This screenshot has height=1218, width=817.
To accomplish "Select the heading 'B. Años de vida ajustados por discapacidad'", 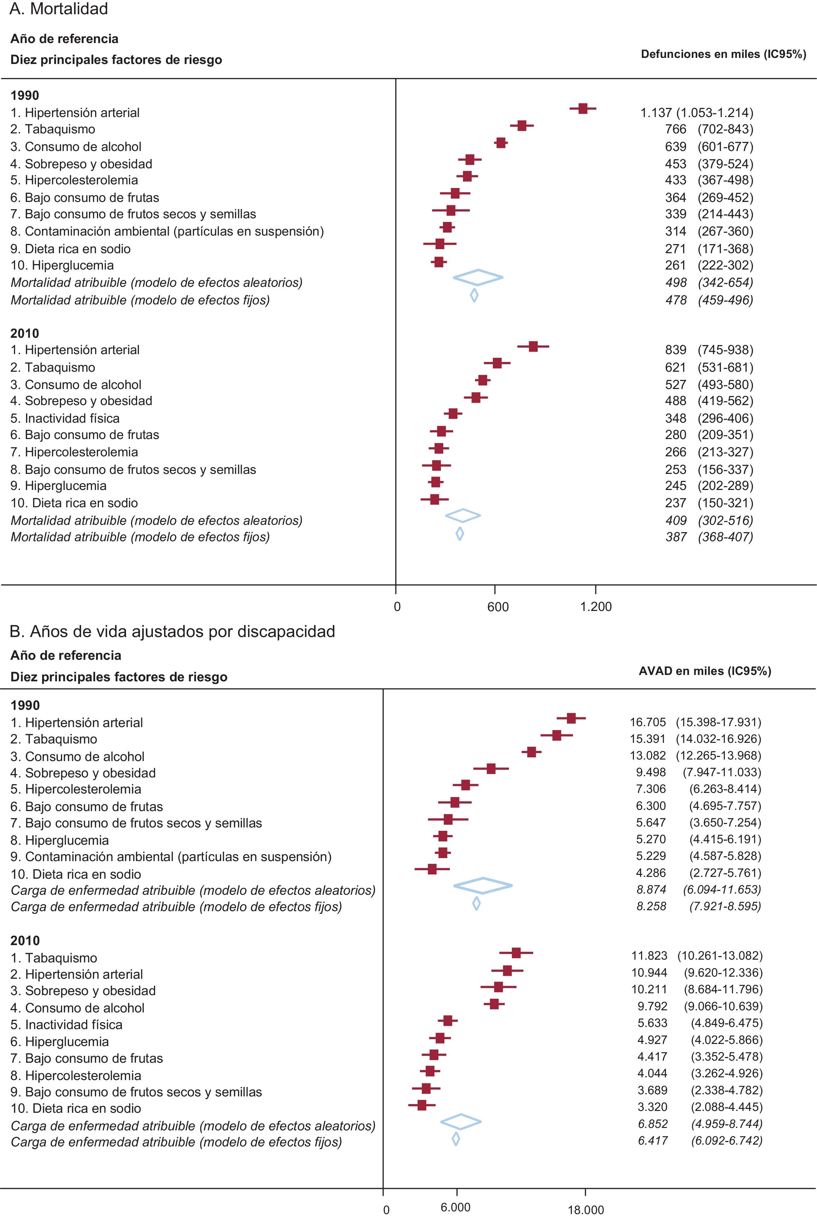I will click(x=172, y=631).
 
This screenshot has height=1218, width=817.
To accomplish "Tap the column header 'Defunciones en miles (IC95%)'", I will click(x=723, y=54).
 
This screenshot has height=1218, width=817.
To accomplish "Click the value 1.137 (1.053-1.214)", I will click(x=696, y=112).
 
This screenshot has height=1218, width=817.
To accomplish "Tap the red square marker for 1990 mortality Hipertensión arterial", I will click(x=583, y=109).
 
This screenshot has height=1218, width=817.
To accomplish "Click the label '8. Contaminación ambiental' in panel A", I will click(x=167, y=231).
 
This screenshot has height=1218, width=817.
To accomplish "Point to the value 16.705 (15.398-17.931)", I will click(x=695, y=722).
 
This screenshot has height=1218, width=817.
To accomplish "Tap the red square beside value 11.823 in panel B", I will click(x=516, y=953).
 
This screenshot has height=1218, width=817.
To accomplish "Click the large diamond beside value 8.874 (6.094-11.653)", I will click(x=483, y=885).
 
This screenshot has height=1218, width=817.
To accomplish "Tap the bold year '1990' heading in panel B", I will click(x=25, y=706).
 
